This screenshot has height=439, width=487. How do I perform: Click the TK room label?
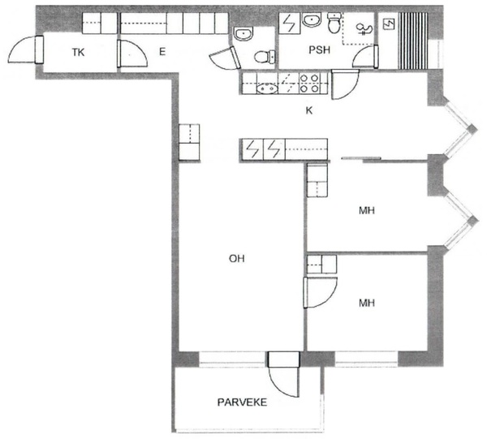(x=78, y=52)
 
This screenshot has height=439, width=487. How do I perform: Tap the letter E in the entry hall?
(x=162, y=52)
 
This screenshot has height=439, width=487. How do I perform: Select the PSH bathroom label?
(x=319, y=49)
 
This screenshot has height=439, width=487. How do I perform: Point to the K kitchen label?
(x=309, y=110)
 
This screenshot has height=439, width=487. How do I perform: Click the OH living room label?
(x=237, y=258)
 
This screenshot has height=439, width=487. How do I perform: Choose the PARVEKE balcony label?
(x=242, y=402)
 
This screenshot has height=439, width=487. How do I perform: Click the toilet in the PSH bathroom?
(x=334, y=23)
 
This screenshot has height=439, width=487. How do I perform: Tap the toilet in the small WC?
(x=265, y=57)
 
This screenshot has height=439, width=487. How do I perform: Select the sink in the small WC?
(x=243, y=33)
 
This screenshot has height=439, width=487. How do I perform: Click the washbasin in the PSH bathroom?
(x=312, y=20)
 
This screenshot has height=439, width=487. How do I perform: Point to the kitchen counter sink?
(x=267, y=88)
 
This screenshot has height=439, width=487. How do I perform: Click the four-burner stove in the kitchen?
(x=310, y=84)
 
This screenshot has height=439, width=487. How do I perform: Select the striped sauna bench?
(x=413, y=41)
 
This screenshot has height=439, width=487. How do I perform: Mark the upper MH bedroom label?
(x=367, y=210)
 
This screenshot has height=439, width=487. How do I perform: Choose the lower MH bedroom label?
(x=367, y=303)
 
